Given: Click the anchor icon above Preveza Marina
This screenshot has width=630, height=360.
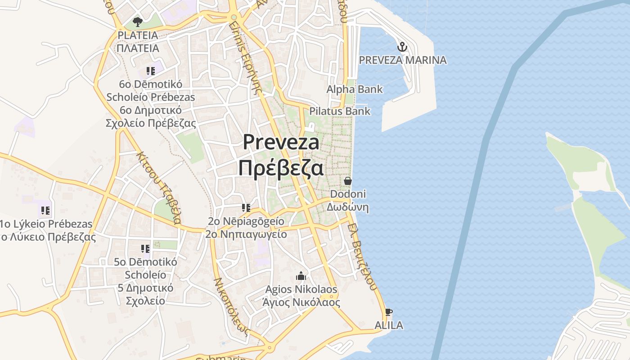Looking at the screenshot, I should click(402, 46).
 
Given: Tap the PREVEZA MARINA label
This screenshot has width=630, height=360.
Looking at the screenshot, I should click(403, 60).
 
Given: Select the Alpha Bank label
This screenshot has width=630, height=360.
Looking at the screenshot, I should click(355, 89).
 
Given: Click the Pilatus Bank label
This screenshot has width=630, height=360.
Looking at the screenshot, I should click(340, 111).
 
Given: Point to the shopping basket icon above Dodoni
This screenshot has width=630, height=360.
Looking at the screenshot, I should click(348, 181).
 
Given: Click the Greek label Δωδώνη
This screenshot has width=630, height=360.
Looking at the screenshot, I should click(347, 207).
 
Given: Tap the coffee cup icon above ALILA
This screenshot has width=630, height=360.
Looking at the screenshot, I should click(389, 312).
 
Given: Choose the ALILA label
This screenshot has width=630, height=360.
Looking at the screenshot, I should click(389, 325).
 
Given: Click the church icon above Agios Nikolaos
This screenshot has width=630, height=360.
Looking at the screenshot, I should click(301, 275).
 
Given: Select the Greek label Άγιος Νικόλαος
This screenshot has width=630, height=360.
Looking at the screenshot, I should click(301, 302).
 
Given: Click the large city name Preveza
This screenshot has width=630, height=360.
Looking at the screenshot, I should click(281, 142).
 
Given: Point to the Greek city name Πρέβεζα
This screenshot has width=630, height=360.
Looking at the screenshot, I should click(281, 168).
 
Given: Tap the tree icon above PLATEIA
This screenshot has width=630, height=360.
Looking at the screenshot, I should click(138, 22).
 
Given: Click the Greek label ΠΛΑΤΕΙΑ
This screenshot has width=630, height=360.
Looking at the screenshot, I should click(138, 48).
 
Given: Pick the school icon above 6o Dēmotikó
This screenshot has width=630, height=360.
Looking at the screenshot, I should click(150, 71).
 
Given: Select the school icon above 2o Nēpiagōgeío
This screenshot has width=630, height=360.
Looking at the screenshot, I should click(246, 207).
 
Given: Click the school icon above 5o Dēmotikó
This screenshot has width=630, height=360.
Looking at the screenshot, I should click(145, 248).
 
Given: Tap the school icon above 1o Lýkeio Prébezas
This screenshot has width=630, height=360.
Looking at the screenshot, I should click(45, 210).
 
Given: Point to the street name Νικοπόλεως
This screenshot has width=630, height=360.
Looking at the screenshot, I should click(231, 306).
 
